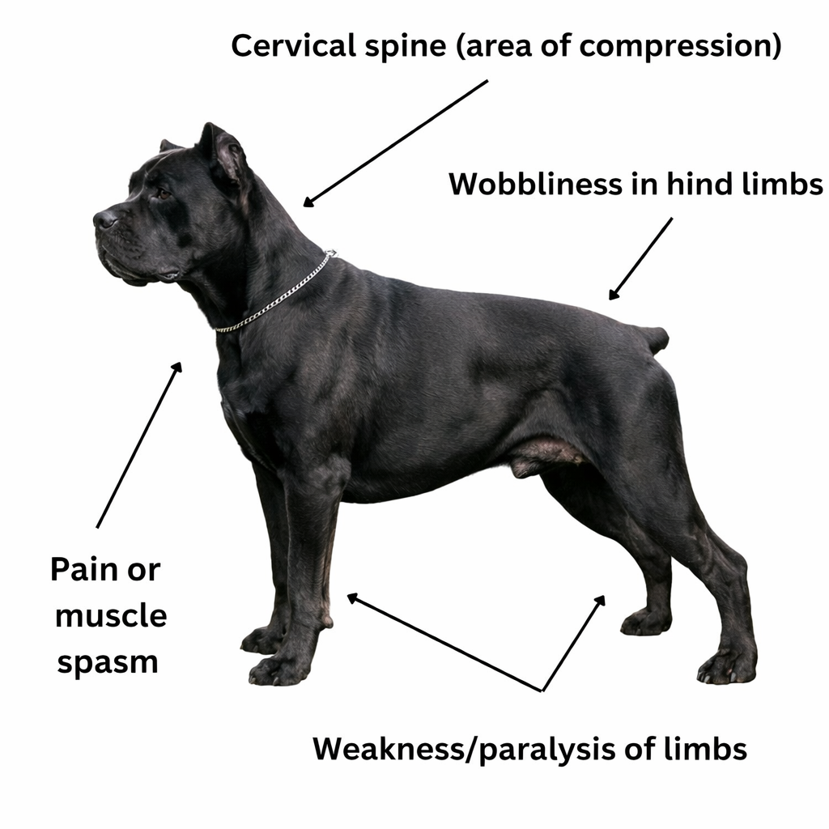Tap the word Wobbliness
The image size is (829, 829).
pyautogui.click(x=534, y=185)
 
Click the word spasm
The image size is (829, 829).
pyautogui.click(x=107, y=662)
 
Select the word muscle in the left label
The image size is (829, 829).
pyautogui.click(x=110, y=616)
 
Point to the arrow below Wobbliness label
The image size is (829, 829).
pyautogui.click(x=640, y=258)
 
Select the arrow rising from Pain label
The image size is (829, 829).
pyautogui.click(x=138, y=445)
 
